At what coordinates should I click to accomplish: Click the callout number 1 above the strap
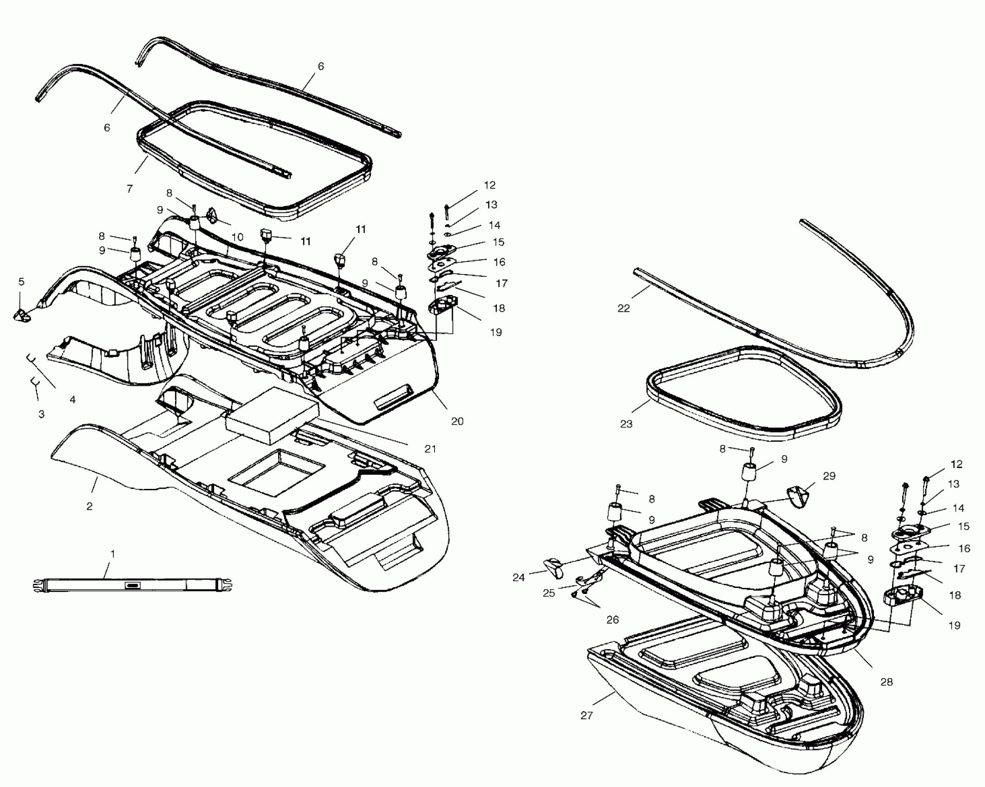point(112,553)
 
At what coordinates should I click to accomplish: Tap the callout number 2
point(89,506)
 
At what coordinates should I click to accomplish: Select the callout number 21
point(430,449)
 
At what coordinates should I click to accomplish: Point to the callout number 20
point(457,421)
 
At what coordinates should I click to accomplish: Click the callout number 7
point(130,188)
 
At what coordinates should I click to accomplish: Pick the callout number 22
point(624,308)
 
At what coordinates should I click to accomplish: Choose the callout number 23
point(626,424)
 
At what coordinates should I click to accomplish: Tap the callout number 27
point(586,715)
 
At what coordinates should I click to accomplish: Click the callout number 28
point(886,681)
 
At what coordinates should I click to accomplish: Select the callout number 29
point(829,476)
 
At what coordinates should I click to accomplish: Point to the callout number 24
point(519,577)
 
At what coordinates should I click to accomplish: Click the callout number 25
point(549,593)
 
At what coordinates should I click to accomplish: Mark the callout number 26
point(613,619)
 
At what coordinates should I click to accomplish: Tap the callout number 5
point(21,281)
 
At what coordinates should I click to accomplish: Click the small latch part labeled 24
point(553,567)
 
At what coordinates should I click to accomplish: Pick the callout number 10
point(237,237)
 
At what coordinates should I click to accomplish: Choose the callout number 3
point(41,414)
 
